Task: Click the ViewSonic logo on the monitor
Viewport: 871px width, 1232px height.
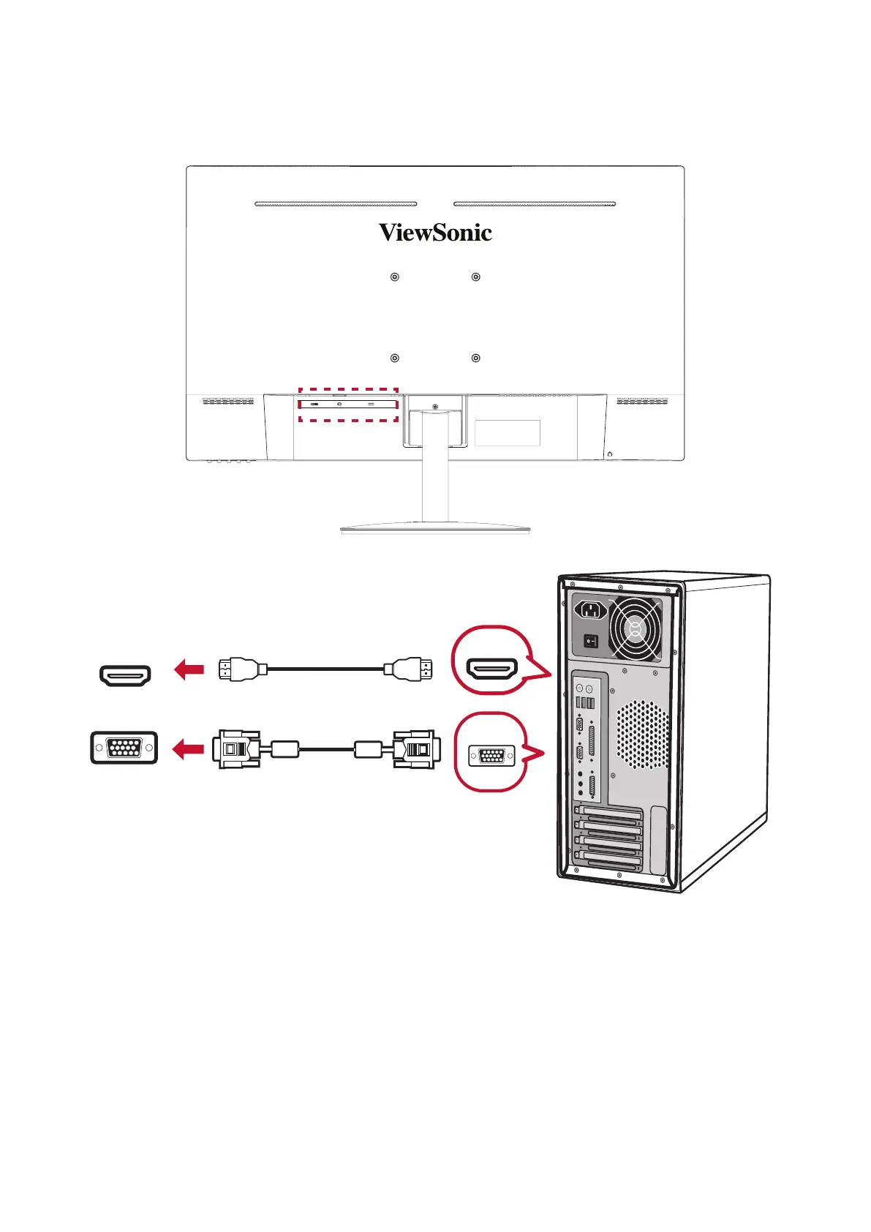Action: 435,233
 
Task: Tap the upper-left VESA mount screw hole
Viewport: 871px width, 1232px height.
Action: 395,277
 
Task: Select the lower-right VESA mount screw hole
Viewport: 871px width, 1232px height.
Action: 476,358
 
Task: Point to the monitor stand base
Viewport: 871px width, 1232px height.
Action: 434,527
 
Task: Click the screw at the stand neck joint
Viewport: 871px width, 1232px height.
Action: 434,407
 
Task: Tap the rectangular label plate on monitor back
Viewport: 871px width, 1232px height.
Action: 508,433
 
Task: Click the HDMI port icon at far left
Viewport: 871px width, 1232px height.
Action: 125,675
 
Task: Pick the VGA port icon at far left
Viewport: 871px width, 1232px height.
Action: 124,748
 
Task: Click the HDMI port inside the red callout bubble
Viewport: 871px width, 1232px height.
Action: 492,669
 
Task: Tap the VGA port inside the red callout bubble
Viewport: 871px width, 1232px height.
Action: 491,754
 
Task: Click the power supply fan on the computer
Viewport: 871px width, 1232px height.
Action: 635,628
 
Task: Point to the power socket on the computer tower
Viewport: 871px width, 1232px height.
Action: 591,609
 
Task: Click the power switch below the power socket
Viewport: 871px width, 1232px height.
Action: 590,642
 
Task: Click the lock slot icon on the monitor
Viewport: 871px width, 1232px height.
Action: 610,454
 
